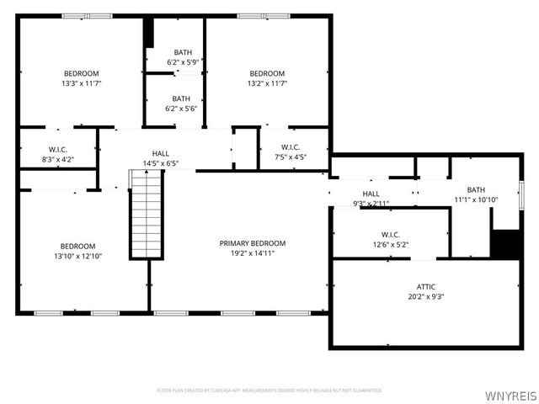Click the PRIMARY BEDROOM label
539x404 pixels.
click(247, 243)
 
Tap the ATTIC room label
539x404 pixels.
click(426, 287)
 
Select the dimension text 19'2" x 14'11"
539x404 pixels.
click(247, 252)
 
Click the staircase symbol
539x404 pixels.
click(145, 215)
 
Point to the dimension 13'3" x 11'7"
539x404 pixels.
click(81, 82)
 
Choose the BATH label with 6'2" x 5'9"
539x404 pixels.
click(182, 52)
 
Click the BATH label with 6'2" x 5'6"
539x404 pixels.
click(182, 98)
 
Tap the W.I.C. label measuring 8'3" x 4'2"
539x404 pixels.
click(58, 149)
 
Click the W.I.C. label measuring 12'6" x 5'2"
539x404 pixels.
click(389, 235)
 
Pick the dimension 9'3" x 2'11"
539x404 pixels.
click(371, 204)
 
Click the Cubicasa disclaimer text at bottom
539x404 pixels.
click(269, 391)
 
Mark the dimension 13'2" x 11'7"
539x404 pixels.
click(266, 82)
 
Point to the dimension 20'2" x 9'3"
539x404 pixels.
click(426, 296)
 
